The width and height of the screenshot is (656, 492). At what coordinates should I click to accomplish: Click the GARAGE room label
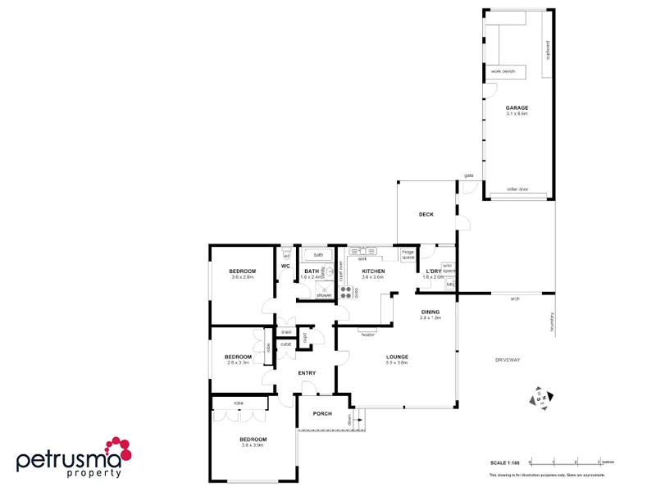pos(517,108)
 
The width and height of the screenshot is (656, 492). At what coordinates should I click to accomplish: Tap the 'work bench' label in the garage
pos(502,72)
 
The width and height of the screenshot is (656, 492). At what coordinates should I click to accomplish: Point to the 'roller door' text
pos(517,189)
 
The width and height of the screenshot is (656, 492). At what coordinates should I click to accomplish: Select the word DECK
pos(426,215)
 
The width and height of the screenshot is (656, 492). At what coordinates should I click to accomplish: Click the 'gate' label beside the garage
pos(469,175)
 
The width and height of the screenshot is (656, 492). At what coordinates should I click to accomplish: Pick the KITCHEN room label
pos(373,271)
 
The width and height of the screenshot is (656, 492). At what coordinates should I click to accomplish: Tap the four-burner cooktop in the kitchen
pos(347,289)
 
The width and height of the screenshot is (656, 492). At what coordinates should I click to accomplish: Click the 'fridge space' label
pos(408,254)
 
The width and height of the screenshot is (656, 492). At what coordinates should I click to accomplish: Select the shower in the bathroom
pos(324,289)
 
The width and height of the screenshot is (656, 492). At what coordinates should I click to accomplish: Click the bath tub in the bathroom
pos(317,255)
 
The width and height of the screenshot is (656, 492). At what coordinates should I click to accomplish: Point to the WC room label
pos(286,266)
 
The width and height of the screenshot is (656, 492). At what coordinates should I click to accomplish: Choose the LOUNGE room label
pos(398,357)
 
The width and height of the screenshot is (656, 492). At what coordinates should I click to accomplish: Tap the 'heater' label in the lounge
pos(367,334)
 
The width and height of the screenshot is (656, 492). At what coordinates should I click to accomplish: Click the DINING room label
pos(430,312)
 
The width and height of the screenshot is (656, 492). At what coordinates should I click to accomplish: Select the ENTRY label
pos(307,373)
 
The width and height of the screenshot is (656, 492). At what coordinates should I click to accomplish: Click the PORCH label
pos(322,413)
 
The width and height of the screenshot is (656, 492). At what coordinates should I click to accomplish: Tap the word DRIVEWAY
pos(508,360)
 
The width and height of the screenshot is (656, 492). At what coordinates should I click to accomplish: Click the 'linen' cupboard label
pos(286,332)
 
